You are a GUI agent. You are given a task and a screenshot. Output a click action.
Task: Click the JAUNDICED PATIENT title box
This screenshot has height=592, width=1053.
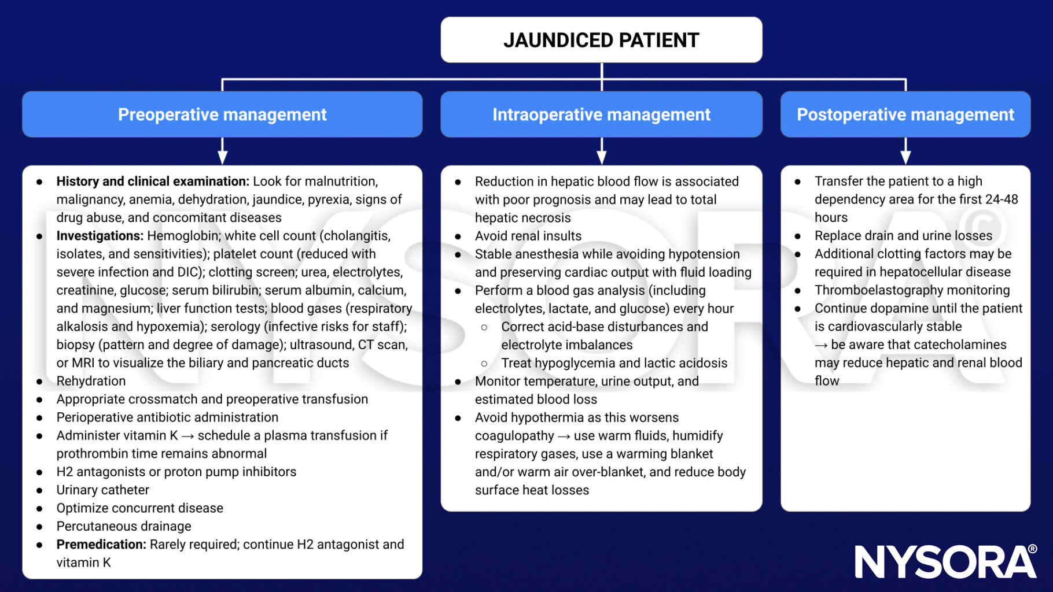601,40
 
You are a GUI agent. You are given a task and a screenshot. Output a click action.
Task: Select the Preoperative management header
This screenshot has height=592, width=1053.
222,114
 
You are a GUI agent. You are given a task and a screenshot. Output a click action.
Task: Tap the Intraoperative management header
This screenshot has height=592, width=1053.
601,114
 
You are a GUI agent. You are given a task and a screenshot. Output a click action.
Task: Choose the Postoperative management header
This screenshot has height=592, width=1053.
905,114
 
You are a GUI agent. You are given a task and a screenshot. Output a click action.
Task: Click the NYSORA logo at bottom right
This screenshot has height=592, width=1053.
945,561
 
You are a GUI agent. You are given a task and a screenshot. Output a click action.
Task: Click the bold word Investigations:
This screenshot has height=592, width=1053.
100,236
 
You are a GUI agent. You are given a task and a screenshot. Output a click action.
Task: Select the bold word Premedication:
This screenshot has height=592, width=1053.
101,545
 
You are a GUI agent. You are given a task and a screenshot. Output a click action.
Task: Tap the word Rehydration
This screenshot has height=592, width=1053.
91,381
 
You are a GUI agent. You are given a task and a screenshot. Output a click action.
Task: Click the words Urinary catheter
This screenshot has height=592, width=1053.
102,490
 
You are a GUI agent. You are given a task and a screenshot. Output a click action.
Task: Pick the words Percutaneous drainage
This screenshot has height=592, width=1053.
124,526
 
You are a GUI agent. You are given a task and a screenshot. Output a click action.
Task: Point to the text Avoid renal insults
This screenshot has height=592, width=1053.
528,236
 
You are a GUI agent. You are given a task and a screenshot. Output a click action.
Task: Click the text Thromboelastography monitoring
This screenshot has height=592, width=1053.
912,290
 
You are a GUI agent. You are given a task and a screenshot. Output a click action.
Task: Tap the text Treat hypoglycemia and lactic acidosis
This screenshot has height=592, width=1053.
614,363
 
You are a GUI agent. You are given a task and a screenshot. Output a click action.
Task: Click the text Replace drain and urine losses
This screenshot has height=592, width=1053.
903,236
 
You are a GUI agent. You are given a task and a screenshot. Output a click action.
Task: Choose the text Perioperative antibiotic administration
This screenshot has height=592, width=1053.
167,417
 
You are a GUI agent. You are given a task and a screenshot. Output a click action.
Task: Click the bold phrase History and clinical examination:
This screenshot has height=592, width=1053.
153,182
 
